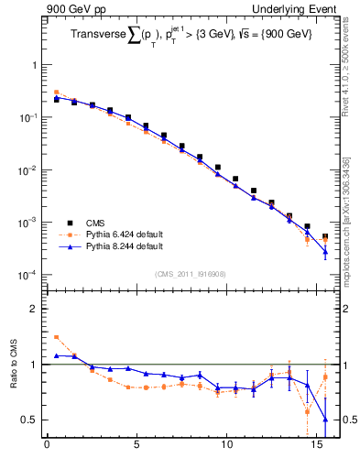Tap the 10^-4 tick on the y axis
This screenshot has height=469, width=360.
coord(30,276)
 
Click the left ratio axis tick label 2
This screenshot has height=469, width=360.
coord(35,309)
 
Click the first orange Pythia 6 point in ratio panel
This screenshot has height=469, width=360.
coord(56,337)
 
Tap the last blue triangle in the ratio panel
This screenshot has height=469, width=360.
coord(325,420)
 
